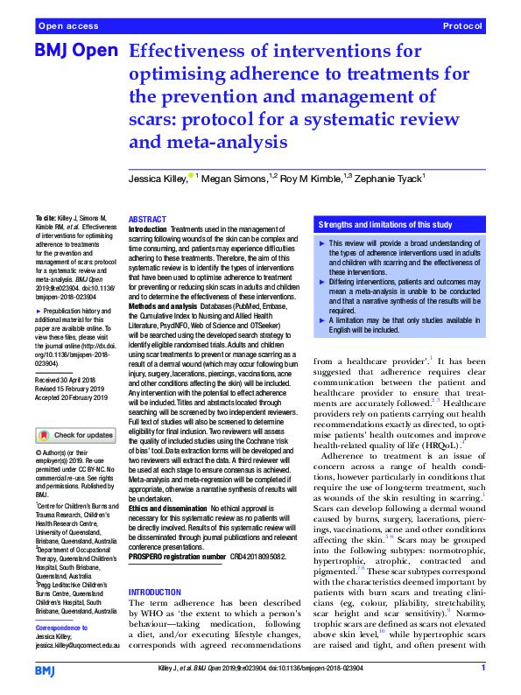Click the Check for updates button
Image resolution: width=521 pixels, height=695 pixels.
[x=75, y=435]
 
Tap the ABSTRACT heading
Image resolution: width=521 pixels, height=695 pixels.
[x=147, y=219]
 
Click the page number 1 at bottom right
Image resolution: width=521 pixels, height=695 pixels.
[x=483, y=668]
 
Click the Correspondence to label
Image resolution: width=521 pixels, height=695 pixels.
[x=64, y=628]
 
